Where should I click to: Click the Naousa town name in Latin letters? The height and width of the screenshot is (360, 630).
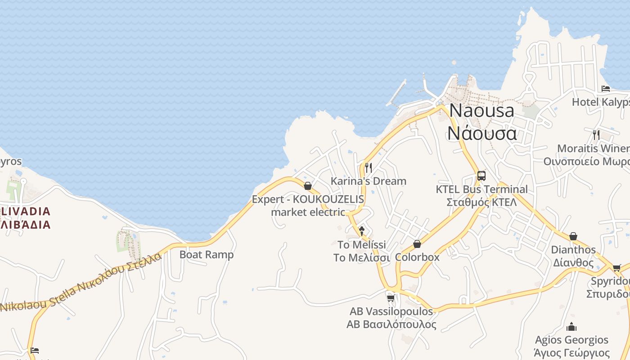point(481,111)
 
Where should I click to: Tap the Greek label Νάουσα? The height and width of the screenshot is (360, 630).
point(481,134)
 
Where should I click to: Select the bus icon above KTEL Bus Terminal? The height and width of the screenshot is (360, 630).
point(481,176)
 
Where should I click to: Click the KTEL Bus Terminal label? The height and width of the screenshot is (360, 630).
point(481,189)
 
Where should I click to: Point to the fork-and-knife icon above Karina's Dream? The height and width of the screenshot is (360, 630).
point(368,168)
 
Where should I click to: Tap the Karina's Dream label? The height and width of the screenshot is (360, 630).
point(368,181)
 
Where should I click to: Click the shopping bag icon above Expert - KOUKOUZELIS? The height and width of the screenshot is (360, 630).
point(308,186)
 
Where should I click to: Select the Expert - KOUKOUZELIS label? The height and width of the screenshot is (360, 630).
point(308,199)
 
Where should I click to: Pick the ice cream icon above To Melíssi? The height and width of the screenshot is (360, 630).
point(361,231)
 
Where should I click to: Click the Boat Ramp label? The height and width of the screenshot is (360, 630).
point(207,255)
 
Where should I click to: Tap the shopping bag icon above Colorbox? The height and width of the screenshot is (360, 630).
point(417,244)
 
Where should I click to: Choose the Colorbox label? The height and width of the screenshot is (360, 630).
point(417,257)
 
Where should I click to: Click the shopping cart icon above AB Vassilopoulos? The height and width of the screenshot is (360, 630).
point(391,298)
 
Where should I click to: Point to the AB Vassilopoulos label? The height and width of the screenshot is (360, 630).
point(391,311)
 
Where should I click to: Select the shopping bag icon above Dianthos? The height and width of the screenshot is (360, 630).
point(573,237)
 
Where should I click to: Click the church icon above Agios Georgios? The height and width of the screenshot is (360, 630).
point(571,327)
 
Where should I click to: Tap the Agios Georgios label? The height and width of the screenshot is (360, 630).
point(571,340)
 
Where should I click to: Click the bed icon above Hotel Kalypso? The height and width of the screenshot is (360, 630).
point(606,89)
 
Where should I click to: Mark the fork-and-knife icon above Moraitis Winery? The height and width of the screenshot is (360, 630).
point(596,135)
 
